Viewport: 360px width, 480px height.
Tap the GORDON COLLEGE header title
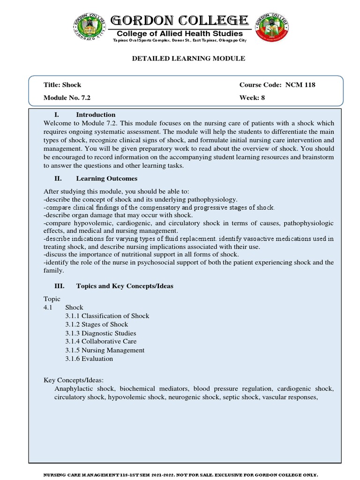click(180, 21)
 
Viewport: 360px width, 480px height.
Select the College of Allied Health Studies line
click(180, 33)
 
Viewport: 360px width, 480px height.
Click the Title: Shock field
click(62, 85)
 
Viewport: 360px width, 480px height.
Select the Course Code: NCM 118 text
click(277, 85)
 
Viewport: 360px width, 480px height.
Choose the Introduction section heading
click(95, 115)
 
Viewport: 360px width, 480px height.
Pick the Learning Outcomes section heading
click(106, 179)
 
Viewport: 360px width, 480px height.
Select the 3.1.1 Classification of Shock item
click(107, 316)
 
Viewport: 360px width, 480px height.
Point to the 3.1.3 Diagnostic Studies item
click(101, 333)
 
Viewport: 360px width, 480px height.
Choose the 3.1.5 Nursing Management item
click(105, 350)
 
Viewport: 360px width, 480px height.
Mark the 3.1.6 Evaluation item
click(89, 359)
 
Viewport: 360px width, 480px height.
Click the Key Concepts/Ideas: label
click(73, 380)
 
